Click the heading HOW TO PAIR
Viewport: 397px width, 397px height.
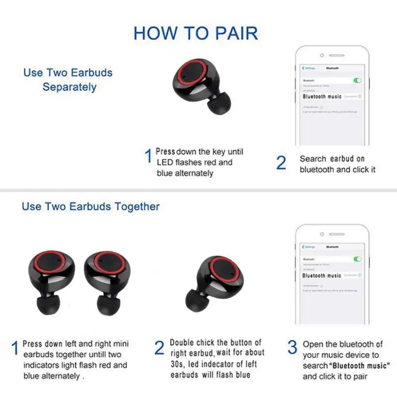pos(196,33)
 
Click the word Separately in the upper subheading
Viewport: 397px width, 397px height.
pos(69,87)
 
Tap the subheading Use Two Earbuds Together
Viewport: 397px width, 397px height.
pos(91,206)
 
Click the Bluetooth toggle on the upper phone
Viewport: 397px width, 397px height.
pos(357,80)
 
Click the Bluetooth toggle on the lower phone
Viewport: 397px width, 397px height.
pos(357,259)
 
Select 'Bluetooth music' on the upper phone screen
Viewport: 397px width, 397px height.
pos(323,96)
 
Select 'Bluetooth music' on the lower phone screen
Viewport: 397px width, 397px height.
pos(322,275)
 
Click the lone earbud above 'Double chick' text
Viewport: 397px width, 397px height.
pos(214,282)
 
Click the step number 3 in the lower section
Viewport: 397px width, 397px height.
pos(292,347)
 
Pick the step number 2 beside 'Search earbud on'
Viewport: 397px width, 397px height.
pos(281,163)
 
